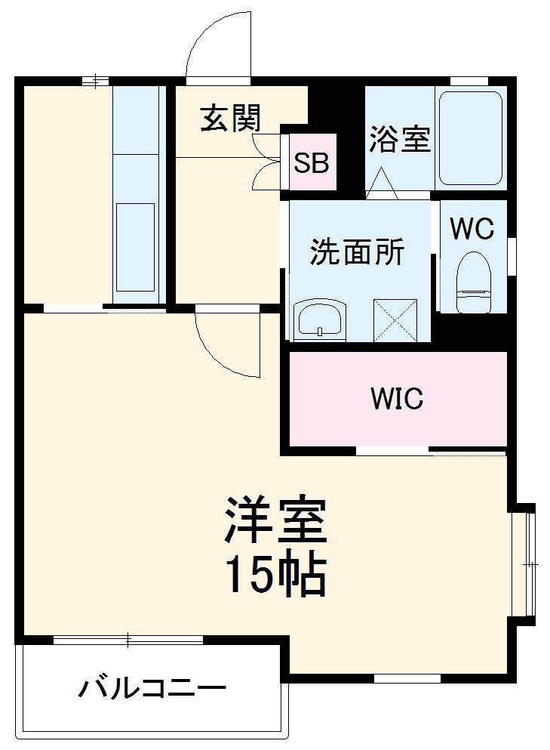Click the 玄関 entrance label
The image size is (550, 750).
click(230, 119)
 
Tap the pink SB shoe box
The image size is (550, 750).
click(312, 162)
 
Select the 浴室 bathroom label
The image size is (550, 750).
click(399, 139)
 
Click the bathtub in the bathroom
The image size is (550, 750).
click(470, 138)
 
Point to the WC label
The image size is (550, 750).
click(472, 227)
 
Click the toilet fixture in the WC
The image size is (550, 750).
click(474, 280)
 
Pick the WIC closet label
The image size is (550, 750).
click(397, 398)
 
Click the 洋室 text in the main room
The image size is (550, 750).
click(274, 520)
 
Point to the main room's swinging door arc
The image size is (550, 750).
click(226, 344)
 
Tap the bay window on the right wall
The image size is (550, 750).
click(526, 563)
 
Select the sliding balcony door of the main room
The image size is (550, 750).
click(128, 640)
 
